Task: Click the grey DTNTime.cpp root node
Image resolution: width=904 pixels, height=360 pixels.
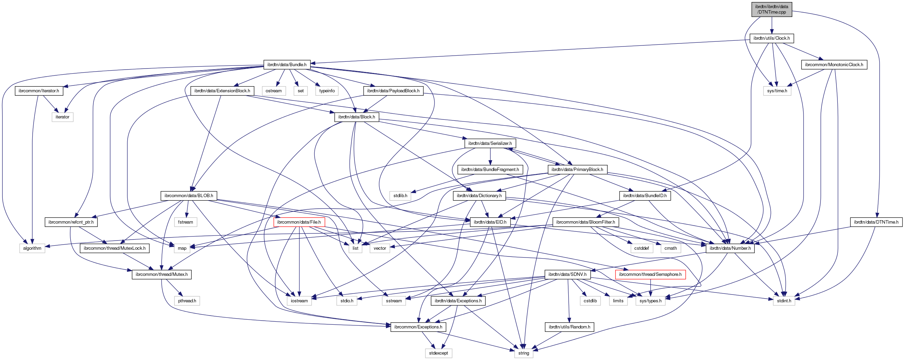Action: tap(771, 9)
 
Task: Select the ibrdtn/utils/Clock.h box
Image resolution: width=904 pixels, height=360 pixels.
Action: tap(771, 38)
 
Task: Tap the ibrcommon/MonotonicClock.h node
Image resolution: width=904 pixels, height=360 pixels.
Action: tap(834, 64)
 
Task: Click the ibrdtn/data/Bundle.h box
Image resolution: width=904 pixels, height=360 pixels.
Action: tap(287, 64)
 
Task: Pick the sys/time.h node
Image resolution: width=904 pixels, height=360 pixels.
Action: tap(777, 91)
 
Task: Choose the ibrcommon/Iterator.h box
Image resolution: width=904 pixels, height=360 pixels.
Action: tap(39, 91)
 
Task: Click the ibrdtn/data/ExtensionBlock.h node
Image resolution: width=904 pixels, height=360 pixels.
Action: tap(222, 91)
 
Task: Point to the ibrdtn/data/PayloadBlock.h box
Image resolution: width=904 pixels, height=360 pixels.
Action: tap(393, 91)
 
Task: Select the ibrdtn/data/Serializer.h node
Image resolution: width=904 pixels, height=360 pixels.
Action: tap(490, 143)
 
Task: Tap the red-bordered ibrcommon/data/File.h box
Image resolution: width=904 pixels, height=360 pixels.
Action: tap(299, 222)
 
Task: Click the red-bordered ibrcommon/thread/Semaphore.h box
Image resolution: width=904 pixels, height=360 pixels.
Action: tap(650, 274)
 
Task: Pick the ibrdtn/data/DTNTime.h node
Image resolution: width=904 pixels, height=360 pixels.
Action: tap(876, 222)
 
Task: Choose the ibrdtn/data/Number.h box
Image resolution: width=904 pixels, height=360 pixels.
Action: tap(730, 248)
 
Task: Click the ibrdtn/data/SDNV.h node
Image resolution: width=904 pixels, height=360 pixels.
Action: tap(567, 274)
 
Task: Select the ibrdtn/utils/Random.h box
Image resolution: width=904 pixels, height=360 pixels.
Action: tap(569, 327)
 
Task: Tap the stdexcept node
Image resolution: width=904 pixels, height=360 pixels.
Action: tap(438, 353)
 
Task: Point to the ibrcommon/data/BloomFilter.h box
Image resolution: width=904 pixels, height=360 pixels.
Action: tap(585, 222)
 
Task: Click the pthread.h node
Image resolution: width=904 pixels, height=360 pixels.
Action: tap(187, 301)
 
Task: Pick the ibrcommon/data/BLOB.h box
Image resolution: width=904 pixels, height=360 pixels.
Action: tap(188, 196)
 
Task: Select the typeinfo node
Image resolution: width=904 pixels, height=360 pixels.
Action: tap(327, 91)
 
